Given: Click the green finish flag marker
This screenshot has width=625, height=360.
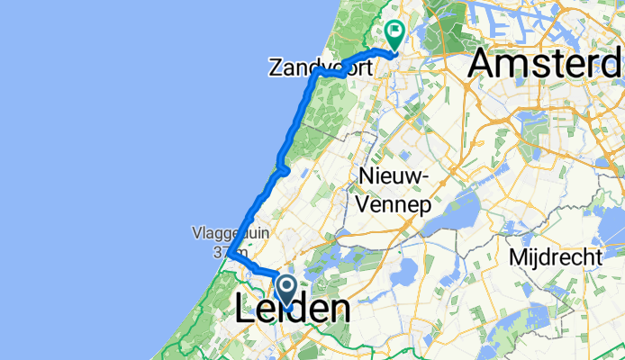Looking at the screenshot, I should (394, 34).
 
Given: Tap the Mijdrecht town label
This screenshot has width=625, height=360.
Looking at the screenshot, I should (556, 257).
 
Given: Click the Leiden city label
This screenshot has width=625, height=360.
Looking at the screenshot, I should (292, 310).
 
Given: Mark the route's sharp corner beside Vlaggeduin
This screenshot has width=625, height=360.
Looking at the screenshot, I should (231, 255).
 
